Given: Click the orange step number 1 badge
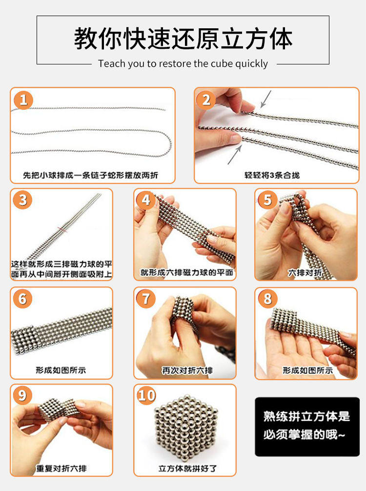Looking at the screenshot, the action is coord(23,100).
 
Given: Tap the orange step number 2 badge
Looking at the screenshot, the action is coord(206,100).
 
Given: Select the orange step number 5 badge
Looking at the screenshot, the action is coord(267,200).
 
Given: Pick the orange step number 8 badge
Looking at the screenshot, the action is coord(267,298).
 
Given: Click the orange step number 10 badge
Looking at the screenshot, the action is coord(146,395).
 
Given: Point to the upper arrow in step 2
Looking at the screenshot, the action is coord(265,99).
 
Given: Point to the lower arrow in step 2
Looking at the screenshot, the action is coord(235,154).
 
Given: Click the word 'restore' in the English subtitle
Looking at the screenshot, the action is coord(175,63).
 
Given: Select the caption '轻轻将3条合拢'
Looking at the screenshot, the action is coord(272,175).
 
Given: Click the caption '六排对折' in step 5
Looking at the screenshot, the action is coord(305,273).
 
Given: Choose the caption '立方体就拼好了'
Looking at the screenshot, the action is coord(187,469).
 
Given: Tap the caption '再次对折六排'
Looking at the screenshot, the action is coord(187,371).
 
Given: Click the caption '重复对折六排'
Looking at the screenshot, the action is coord(61,469).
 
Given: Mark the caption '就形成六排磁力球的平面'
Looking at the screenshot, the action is coord(186,272).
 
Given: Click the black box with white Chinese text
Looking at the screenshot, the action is coord(307,427).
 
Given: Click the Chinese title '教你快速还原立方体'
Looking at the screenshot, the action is coord(183,39).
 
